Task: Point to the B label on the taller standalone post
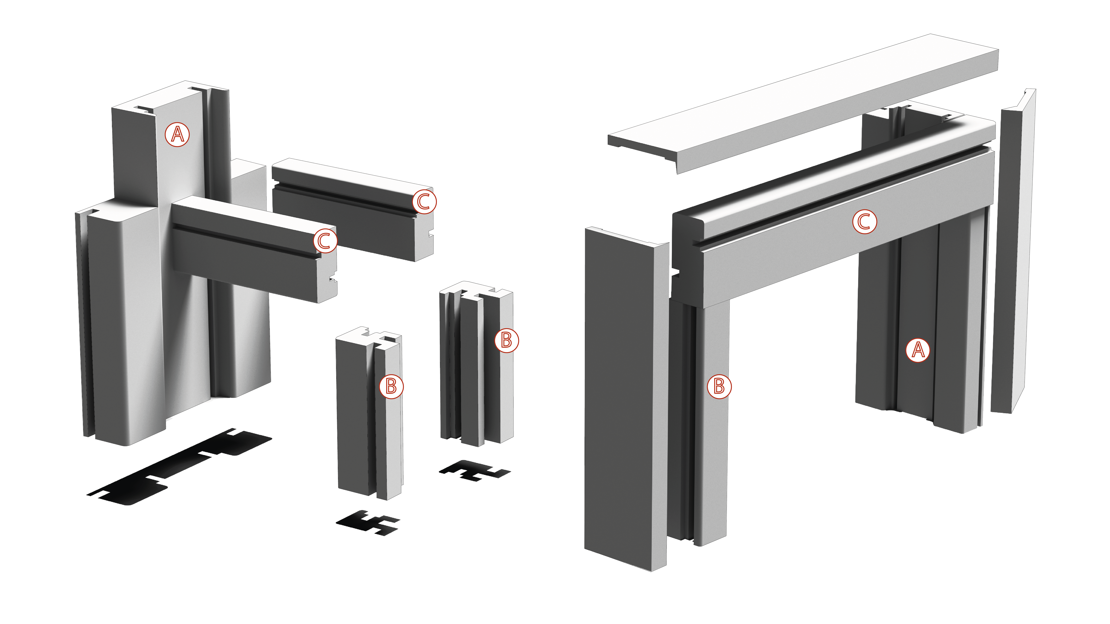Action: pyautogui.click(x=506, y=341)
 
